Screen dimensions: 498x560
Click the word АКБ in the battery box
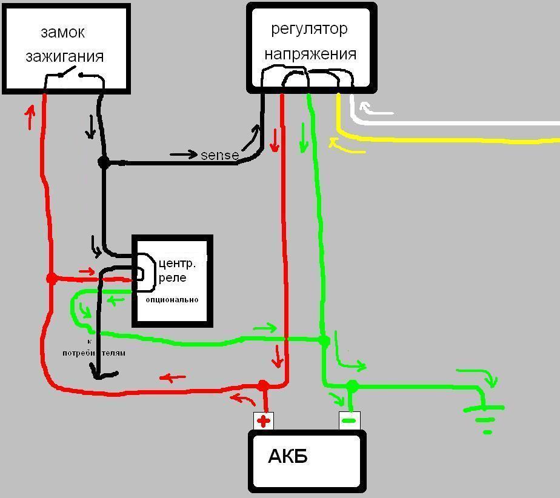point(287,456)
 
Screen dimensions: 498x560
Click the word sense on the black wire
point(219,155)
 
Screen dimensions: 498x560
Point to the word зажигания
point(65,56)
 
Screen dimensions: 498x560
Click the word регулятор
point(309,28)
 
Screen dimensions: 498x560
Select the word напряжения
point(310,54)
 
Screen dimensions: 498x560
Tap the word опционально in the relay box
point(172,300)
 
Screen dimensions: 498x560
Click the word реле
point(174,277)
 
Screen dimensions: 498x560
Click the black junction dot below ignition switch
point(104,162)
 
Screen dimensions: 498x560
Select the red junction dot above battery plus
point(263,386)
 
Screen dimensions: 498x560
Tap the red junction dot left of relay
point(52,279)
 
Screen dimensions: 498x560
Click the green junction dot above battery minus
point(352,386)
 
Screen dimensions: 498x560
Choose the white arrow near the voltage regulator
point(376,111)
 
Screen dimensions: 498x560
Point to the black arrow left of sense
point(184,154)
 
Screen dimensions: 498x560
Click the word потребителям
point(94,353)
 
